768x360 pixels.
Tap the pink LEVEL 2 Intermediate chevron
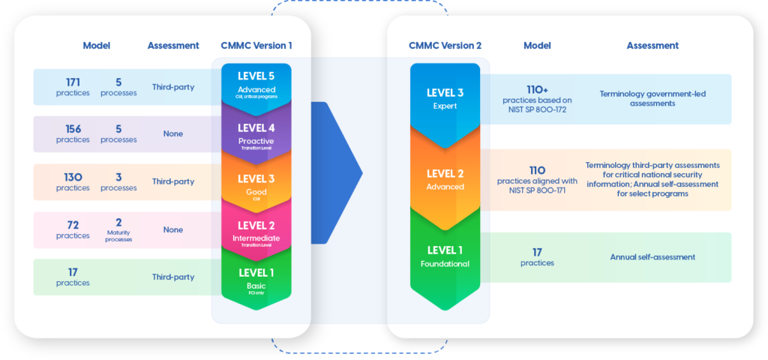point(256,229)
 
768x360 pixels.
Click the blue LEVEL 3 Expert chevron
point(445,98)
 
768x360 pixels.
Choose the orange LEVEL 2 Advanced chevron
point(445,178)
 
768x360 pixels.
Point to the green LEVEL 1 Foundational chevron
point(445,256)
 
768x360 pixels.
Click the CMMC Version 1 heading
point(256,46)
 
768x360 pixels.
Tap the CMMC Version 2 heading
point(445,46)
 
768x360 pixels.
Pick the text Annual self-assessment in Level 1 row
point(652,257)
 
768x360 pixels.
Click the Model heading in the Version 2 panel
point(537,46)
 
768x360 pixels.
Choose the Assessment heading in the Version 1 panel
point(173,46)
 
